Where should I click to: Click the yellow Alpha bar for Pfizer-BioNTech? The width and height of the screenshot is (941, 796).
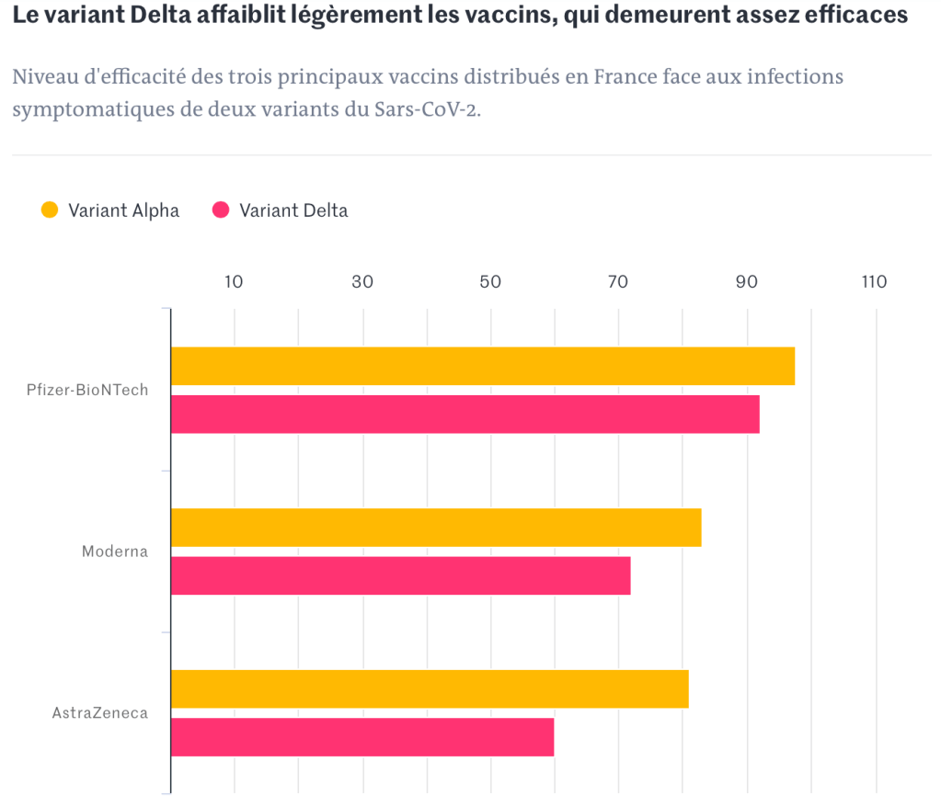point(483,366)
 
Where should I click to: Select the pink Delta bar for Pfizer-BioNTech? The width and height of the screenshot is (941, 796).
point(465,414)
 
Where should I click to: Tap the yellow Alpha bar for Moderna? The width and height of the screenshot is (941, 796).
point(436,528)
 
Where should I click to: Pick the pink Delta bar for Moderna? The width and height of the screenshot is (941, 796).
point(401,575)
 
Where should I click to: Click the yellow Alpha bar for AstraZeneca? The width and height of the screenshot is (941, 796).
point(430,689)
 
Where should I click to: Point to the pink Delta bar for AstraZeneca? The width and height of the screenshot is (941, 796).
point(362,737)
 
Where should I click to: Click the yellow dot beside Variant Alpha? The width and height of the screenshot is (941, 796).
point(50,210)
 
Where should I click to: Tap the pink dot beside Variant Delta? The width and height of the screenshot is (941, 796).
point(221,210)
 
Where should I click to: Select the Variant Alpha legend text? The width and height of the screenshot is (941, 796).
point(123,210)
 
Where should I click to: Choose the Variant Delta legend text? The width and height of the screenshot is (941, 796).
point(293,210)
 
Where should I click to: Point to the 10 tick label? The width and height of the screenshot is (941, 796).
point(235,282)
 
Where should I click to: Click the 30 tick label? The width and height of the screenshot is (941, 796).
point(363,282)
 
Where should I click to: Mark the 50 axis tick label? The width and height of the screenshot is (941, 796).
point(491,282)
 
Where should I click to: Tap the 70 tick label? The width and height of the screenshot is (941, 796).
point(619,282)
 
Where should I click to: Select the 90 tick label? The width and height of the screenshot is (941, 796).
point(747,282)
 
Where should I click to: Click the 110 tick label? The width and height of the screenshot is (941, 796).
point(874,282)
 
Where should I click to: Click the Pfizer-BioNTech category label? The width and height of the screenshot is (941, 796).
point(87,390)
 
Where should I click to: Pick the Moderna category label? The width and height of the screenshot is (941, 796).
point(115,552)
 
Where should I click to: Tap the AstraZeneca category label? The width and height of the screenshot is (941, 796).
point(99,713)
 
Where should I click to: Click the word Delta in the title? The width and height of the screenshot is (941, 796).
point(164,16)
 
